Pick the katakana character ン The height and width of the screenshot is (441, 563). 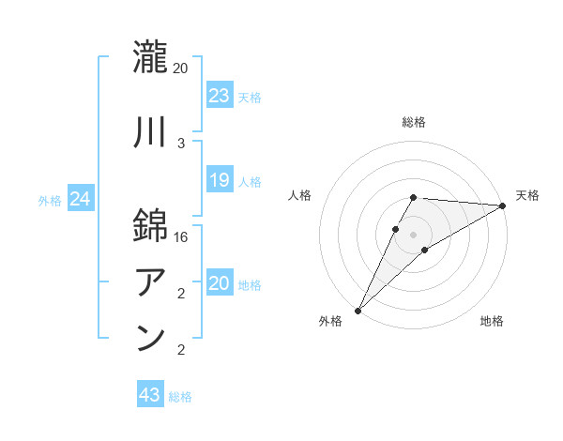(151, 339)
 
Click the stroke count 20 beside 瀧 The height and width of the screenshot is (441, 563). (180, 68)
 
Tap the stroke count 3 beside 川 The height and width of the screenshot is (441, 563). (180, 144)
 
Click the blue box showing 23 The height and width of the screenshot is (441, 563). (220, 95)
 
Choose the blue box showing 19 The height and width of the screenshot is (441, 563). (220, 180)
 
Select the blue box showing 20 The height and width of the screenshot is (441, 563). (220, 283)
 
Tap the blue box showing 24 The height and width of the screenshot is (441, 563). (81, 199)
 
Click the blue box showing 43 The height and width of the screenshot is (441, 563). (150, 395)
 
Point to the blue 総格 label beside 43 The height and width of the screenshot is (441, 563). (180, 397)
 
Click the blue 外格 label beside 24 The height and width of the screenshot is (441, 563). (50, 201)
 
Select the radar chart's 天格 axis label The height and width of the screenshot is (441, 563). (527, 195)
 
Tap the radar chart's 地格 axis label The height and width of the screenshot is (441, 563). (492, 321)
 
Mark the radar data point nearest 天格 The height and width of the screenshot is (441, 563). (503, 205)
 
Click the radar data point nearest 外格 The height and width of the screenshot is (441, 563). (358, 310)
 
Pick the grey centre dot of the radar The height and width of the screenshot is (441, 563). (413, 234)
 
